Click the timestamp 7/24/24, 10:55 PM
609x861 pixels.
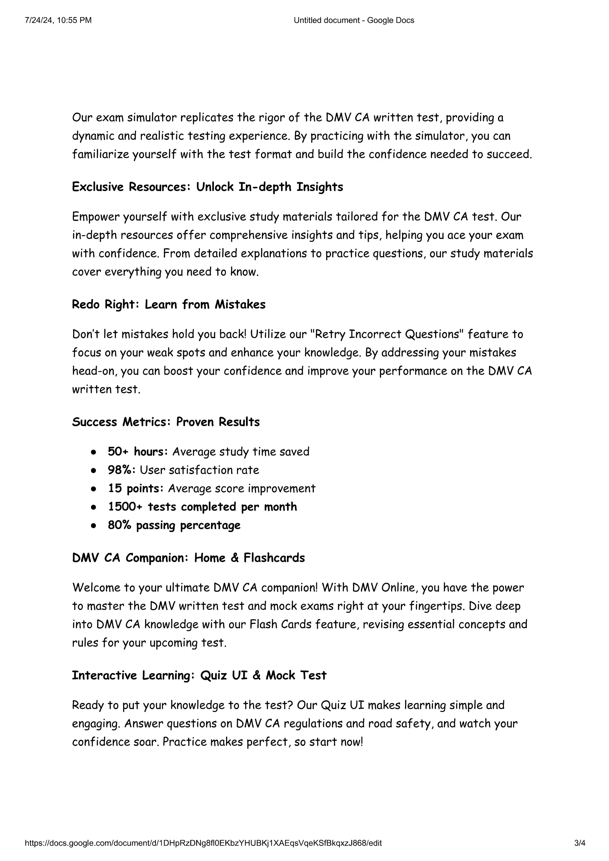click(x=58, y=20)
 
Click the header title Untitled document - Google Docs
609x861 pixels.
click(x=354, y=20)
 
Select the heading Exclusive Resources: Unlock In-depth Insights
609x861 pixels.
click(x=207, y=187)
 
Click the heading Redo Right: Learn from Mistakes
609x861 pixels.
click(x=168, y=304)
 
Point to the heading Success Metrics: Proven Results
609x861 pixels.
click(x=166, y=422)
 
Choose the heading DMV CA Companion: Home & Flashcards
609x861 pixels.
click(x=188, y=558)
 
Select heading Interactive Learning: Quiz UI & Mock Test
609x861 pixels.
click(x=199, y=675)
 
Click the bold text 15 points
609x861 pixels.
click(x=135, y=488)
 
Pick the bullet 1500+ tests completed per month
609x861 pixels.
click(x=203, y=507)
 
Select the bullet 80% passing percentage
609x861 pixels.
click(x=174, y=525)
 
